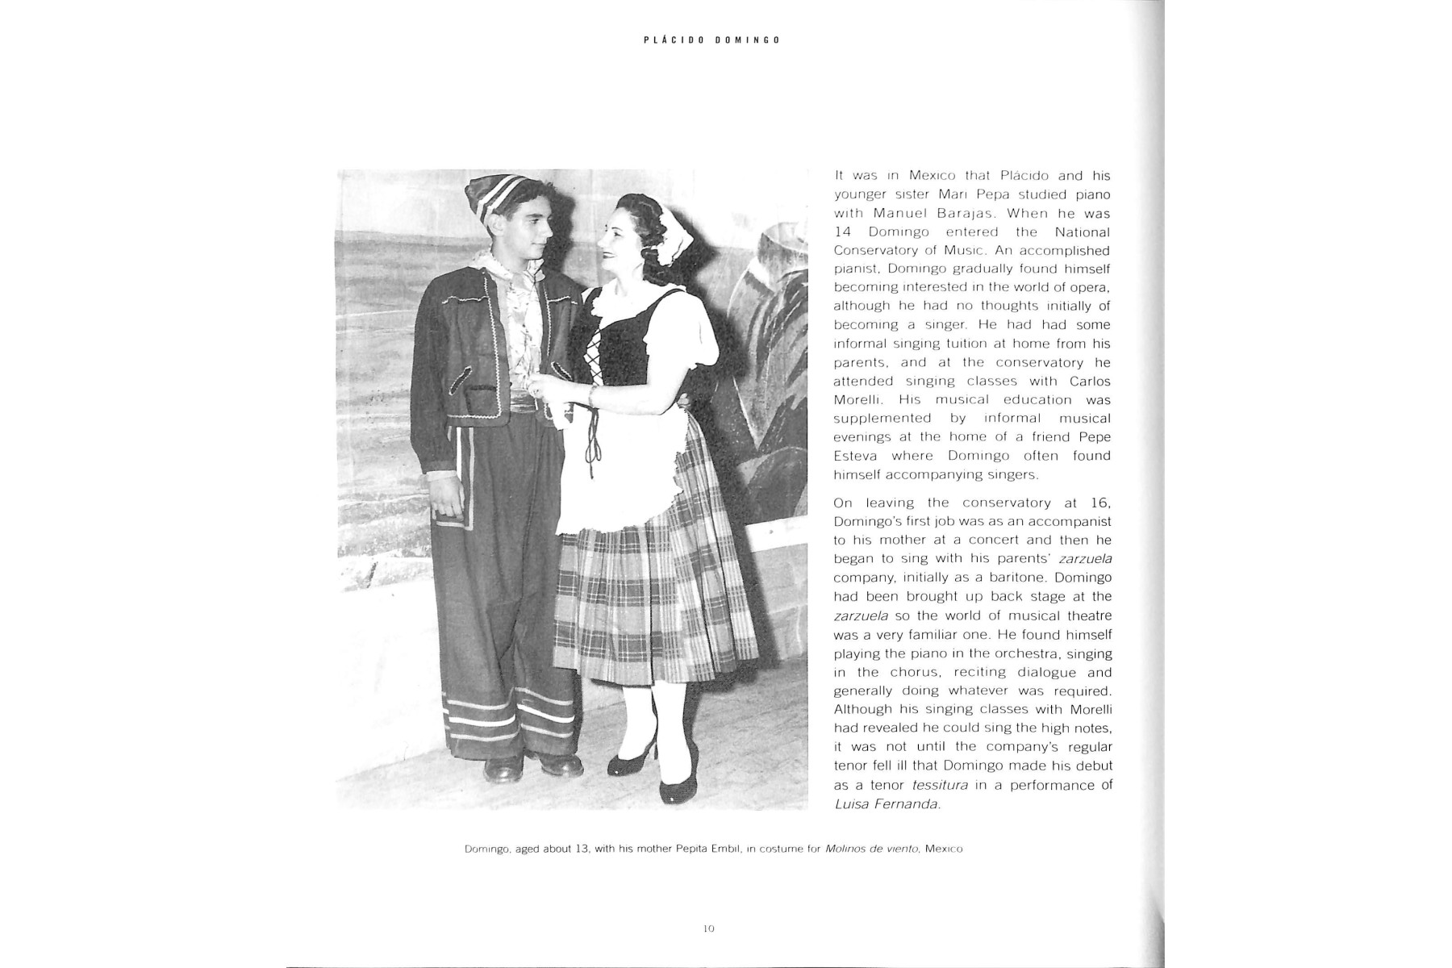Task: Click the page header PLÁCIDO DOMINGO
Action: [711, 40]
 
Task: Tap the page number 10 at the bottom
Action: [708, 928]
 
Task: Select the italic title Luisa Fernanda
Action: [887, 804]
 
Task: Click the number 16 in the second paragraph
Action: [1099, 503]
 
